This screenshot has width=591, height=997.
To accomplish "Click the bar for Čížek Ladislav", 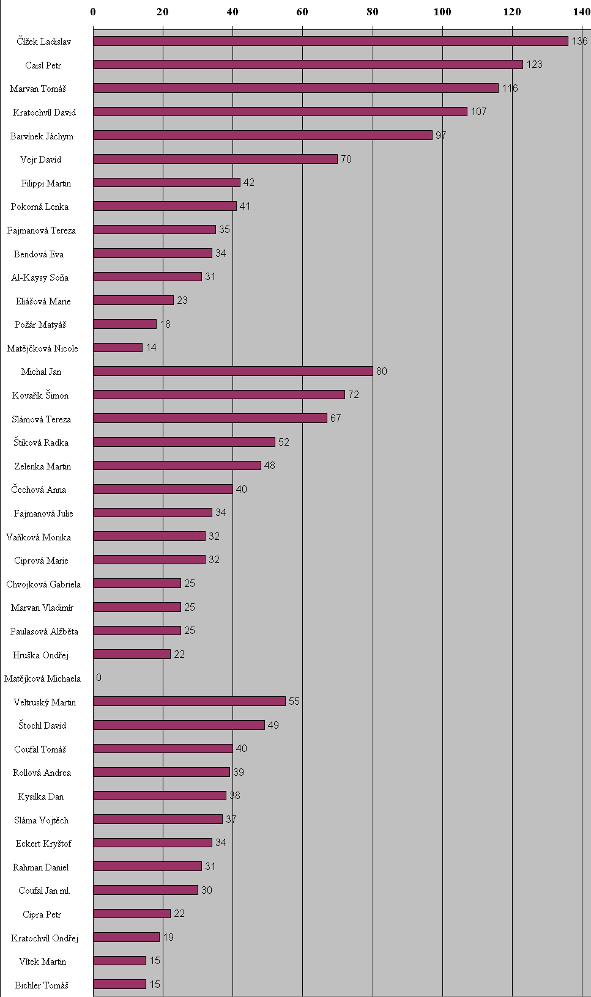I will tap(330, 41).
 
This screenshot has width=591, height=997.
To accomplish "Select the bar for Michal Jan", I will tap(232, 371).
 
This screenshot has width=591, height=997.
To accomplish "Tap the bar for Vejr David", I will tap(215, 159).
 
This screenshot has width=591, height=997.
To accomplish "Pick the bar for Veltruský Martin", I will tap(189, 701).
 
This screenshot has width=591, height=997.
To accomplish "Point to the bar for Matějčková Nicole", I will tap(117, 347).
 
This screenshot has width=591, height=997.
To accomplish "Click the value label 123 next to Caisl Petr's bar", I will tap(534, 65).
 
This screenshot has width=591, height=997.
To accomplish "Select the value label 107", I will tap(478, 112).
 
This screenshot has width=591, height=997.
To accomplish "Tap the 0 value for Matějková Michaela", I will tap(98, 678).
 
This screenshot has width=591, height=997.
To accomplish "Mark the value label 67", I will tap(335, 419).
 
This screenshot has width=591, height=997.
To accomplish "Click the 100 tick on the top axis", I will tap(442, 12).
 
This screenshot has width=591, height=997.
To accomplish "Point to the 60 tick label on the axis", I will tap(302, 12).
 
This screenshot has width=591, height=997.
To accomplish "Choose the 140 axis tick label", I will tap(582, 12).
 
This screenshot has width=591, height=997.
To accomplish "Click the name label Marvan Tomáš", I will tap(37, 89).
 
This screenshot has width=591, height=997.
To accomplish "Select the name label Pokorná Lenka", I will tap(39, 207).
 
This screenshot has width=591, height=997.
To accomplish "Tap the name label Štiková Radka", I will tap(41, 443).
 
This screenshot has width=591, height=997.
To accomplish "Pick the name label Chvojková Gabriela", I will tap(43, 584).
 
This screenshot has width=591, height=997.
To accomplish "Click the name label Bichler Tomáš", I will tap(42, 985).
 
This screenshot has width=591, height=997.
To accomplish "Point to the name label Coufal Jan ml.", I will tap(44, 891).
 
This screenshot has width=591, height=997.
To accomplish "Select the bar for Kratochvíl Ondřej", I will tap(126, 937).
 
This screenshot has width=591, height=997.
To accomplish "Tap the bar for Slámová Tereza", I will tap(210, 418).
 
